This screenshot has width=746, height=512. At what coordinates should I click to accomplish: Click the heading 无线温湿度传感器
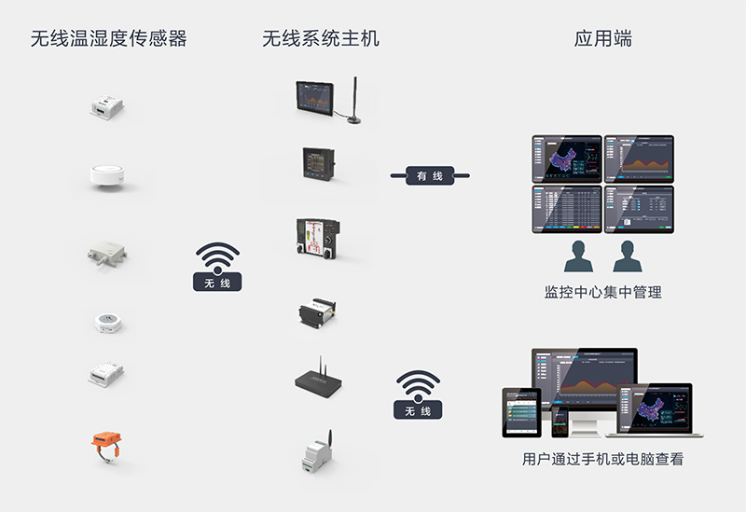click(x=108, y=38)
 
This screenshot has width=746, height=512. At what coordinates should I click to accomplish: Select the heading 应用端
click(x=602, y=38)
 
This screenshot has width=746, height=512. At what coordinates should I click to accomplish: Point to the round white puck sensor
click(x=108, y=174)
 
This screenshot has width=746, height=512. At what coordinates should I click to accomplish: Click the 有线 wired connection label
click(x=429, y=175)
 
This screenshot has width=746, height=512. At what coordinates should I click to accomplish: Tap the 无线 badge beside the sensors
click(x=217, y=282)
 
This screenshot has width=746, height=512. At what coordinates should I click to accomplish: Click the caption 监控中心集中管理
click(x=602, y=292)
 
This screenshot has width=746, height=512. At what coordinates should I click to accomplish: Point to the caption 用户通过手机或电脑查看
click(x=602, y=460)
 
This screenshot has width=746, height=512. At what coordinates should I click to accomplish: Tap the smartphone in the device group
click(x=559, y=422)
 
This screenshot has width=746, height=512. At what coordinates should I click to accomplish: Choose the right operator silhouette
click(x=627, y=256)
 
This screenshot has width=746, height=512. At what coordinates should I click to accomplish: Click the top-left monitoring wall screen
click(x=566, y=158)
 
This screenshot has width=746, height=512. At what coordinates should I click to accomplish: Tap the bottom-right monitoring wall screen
click(x=639, y=208)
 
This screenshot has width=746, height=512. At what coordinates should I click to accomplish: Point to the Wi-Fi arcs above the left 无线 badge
click(x=217, y=256)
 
